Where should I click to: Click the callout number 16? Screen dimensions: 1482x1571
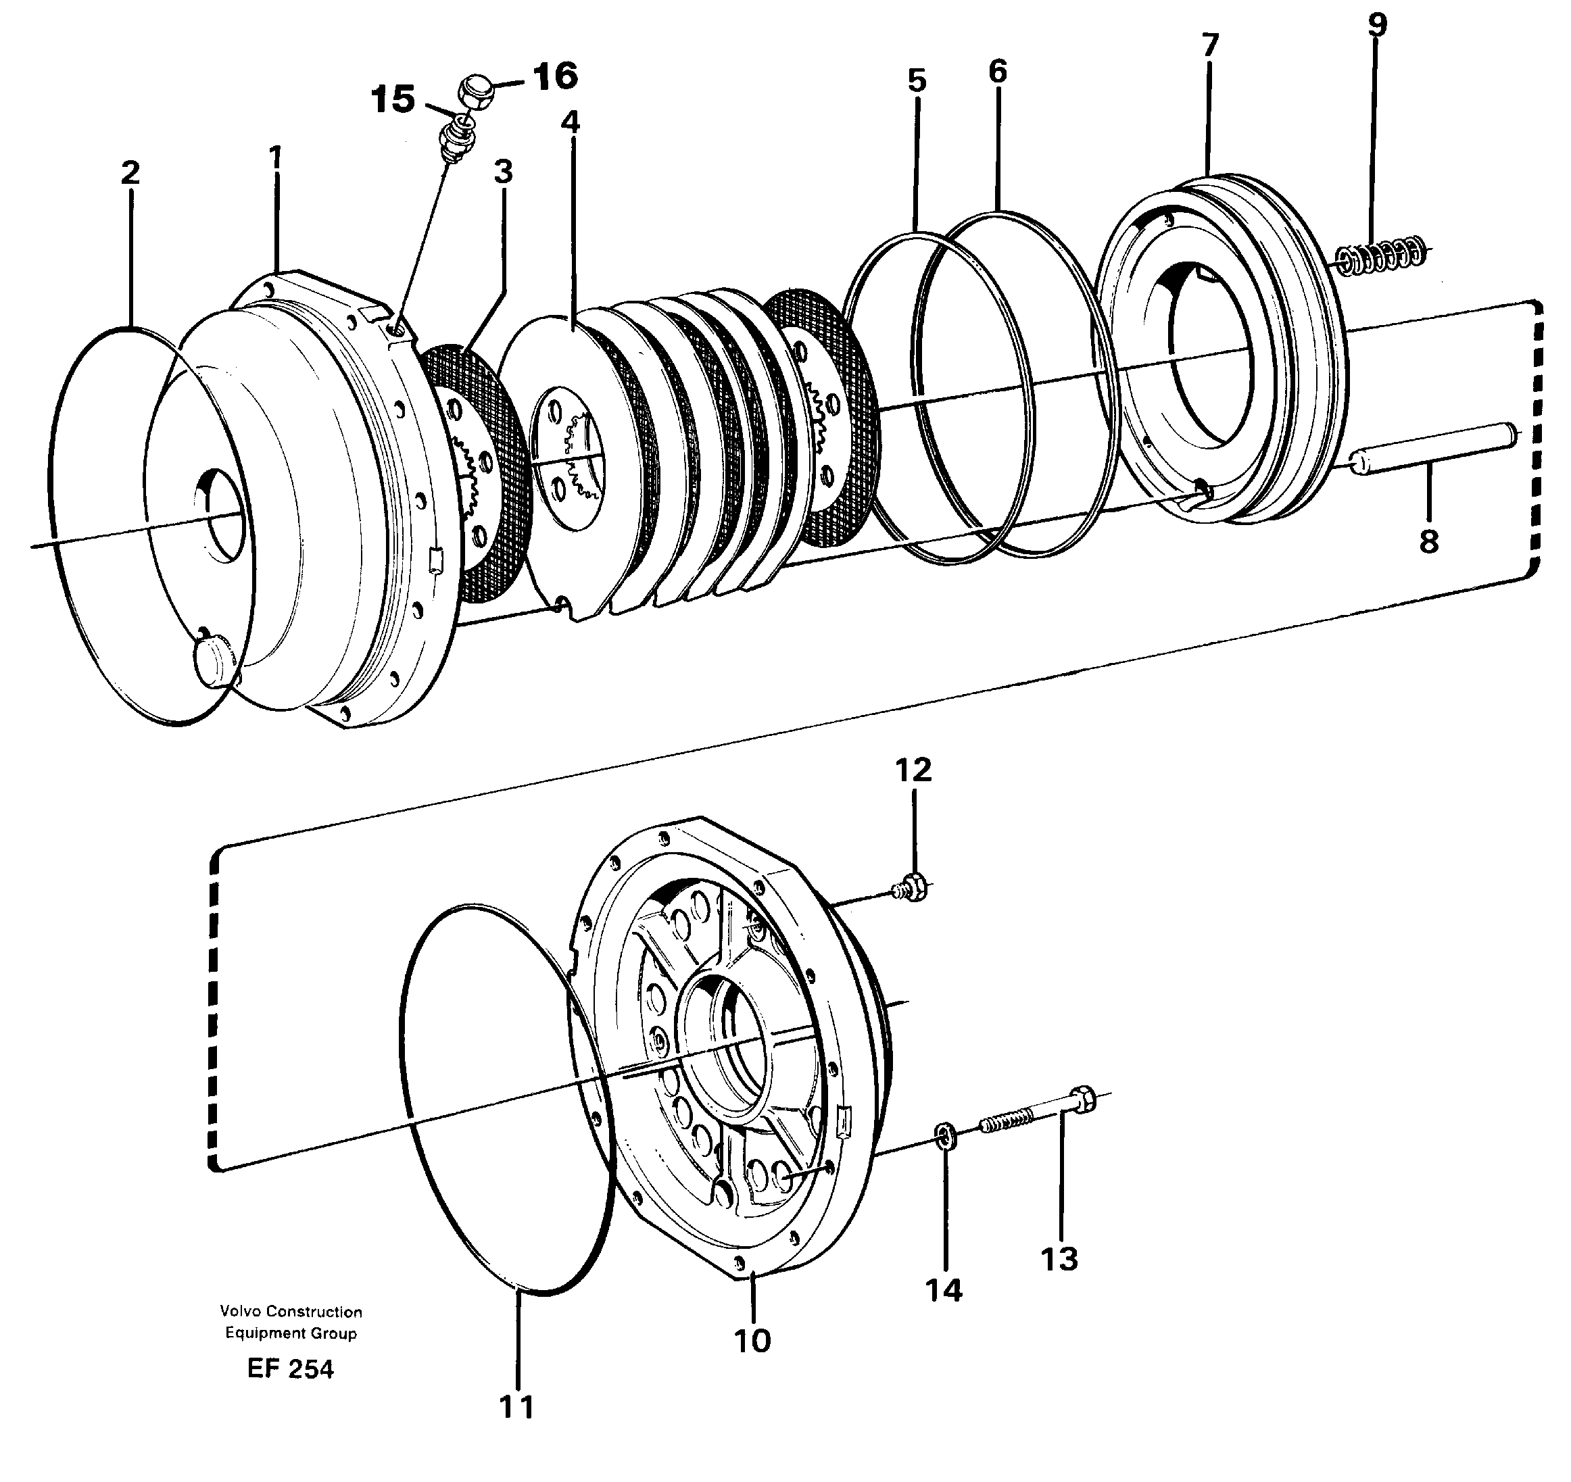[555, 76]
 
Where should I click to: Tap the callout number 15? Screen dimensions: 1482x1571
[393, 100]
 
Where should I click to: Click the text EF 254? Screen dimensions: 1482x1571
[290, 1369]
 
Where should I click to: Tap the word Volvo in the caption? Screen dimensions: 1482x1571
[239, 1312]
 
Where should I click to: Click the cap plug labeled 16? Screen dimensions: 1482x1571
[477, 92]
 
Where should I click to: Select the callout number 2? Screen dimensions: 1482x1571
[130, 173]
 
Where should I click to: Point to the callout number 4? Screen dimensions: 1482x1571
[570, 122]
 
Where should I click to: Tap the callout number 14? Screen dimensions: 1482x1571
[944, 1290]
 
